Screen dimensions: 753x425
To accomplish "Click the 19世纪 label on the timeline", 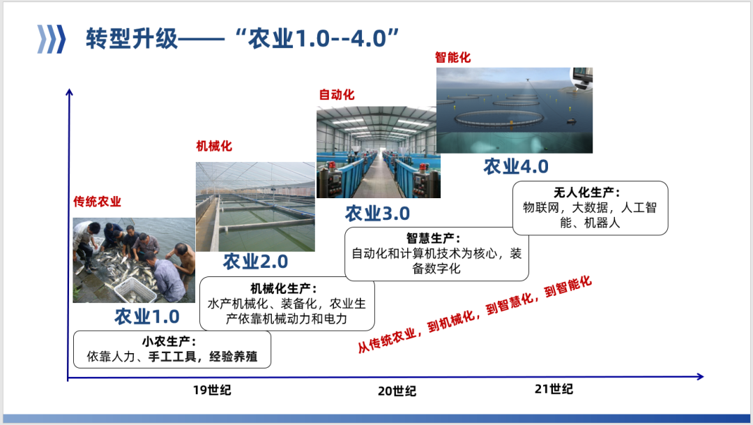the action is point(212,390).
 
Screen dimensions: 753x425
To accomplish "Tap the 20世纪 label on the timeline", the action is point(397,391).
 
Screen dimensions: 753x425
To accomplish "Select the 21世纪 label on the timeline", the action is point(554,389).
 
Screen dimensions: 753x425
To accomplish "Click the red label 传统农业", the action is point(97,202).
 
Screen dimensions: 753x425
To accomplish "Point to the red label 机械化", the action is point(214,146).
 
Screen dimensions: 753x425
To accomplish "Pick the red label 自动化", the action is point(337,94).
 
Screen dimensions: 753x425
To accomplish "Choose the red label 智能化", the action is point(453,57).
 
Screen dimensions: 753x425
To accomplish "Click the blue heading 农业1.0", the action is point(147,316).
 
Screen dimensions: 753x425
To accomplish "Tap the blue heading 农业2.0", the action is point(255,262).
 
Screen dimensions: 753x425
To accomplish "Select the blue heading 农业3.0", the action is point(377,214).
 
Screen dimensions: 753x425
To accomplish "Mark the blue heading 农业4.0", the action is point(516,166).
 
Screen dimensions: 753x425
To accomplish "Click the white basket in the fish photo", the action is point(136,290).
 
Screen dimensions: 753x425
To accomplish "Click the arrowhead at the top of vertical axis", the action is point(69,92).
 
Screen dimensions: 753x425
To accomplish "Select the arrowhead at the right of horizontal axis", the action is point(700,376).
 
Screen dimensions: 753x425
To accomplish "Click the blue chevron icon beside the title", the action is point(52,39).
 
